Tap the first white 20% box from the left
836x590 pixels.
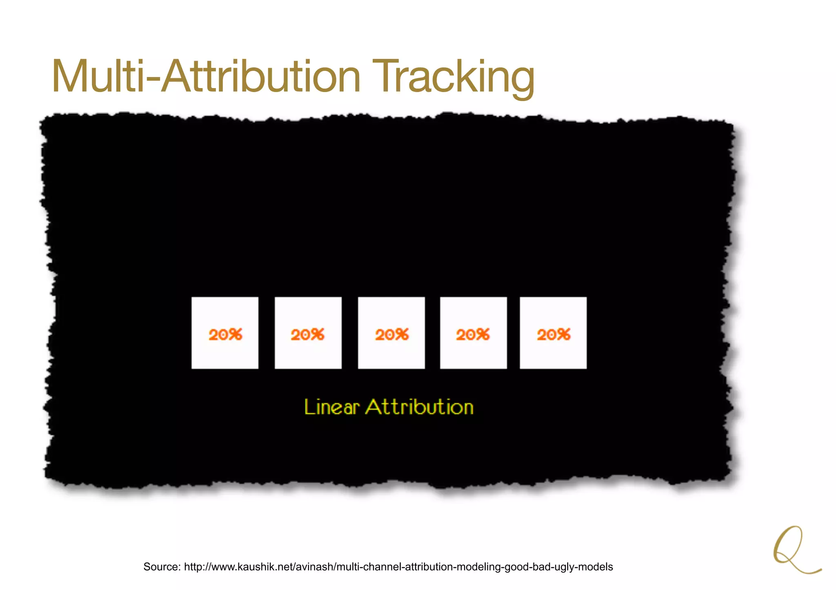click(225, 333)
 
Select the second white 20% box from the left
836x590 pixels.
click(308, 333)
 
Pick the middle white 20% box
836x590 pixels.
click(391, 333)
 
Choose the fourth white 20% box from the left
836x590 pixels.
click(474, 333)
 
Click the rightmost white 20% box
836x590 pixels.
click(553, 333)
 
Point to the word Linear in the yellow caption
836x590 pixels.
click(331, 407)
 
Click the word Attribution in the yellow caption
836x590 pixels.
click(419, 407)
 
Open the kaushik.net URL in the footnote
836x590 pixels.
click(398, 567)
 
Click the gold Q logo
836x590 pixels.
click(794, 550)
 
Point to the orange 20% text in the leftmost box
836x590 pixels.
click(225, 335)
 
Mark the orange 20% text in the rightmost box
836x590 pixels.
click(554, 335)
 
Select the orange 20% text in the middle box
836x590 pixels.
click(392, 335)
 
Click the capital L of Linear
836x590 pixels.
click(309, 407)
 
